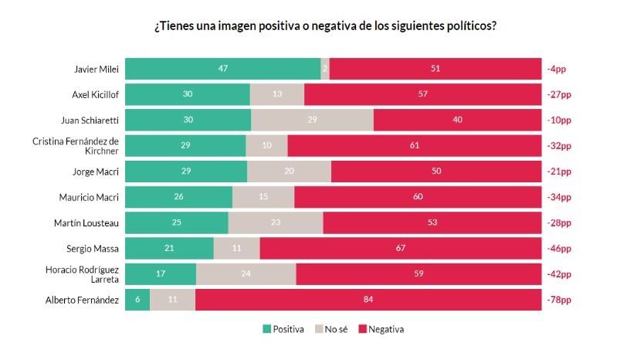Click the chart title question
point(324,25)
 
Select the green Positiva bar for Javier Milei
point(222,69)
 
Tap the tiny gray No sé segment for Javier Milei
point(325,69)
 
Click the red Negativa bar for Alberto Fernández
point(368,300)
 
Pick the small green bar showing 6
point(137,300)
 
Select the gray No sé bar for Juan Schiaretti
point(312,121)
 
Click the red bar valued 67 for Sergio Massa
point(401,249)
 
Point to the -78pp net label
point(559,300)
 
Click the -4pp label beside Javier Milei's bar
point(557,69)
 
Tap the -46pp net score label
point(559,249)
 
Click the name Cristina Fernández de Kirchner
point(76,146)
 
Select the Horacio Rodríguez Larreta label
point(81,274)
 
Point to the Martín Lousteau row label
point(88,223)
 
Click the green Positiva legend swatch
point(267,329)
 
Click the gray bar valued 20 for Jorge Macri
point(289,172)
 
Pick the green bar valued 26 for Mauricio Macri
point(178,197)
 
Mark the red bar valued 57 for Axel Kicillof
point(423,94)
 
